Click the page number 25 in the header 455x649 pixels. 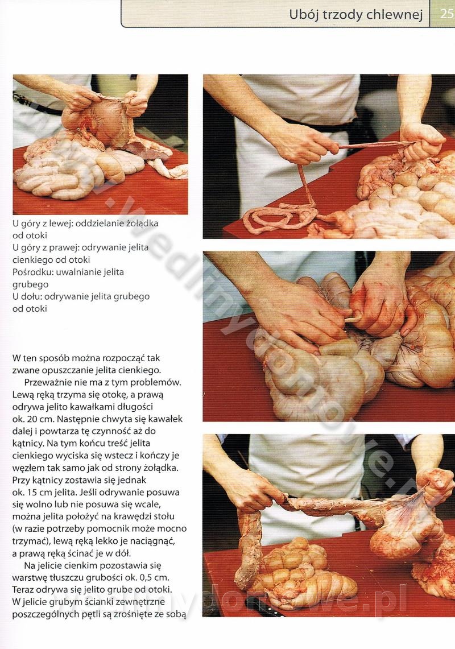pos(446,14)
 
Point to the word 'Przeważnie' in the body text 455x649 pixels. pos(47,382)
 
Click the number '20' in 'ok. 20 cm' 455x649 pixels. pos(33,419)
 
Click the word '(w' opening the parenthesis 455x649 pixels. pos(18,528)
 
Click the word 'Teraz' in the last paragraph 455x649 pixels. pos(23,589)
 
